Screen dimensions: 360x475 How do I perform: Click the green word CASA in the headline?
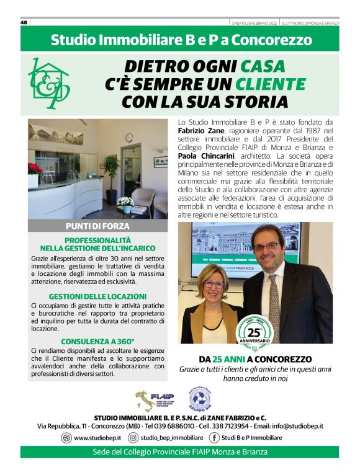coord(263,66)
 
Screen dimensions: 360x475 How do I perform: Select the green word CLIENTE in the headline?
coord(269,84)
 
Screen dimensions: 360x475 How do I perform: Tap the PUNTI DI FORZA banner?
coord(98,226)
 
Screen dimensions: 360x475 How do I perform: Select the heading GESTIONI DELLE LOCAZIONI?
coord(98,296)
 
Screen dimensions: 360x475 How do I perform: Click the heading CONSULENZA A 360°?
coord(98,341)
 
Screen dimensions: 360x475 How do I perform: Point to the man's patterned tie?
coord(274,310)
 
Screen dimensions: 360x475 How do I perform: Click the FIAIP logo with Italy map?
coord(155,400)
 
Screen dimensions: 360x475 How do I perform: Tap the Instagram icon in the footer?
coord(132,437)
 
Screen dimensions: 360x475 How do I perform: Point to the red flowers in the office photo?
coord(35,168)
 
